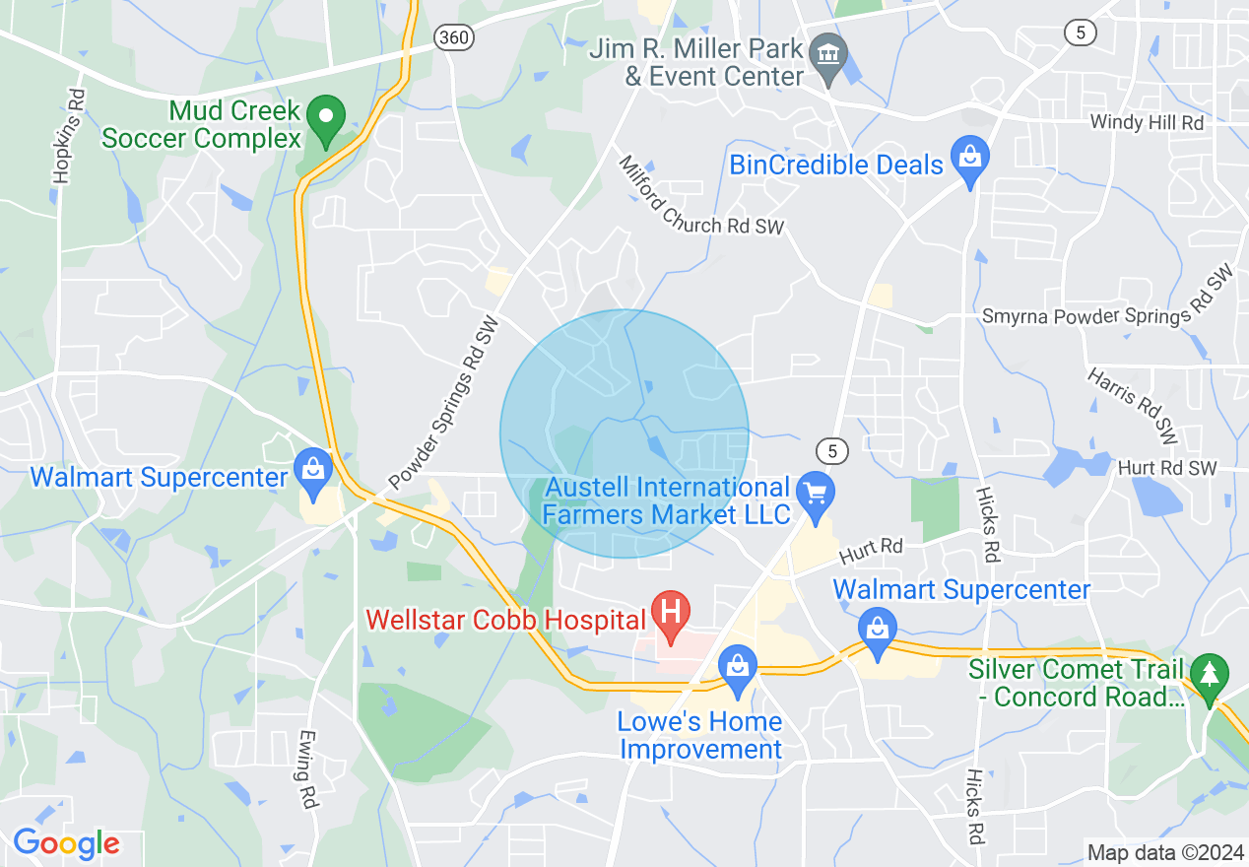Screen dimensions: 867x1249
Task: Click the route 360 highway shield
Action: click(454, 38)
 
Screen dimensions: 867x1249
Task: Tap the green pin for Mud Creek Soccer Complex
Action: click(324, 120)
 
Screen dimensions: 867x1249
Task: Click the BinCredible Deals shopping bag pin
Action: click(970, 160)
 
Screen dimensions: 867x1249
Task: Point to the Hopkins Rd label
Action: click(66, 137)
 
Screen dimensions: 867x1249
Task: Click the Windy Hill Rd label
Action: click(1147, 123)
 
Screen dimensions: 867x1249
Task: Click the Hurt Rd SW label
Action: click(1167, 469)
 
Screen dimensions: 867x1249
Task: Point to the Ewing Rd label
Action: click(306, 768)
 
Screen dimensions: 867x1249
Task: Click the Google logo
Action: click(66, 843)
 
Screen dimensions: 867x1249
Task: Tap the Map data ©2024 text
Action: click(1165, 852)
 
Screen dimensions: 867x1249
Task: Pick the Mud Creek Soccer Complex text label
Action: click(201, 123)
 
